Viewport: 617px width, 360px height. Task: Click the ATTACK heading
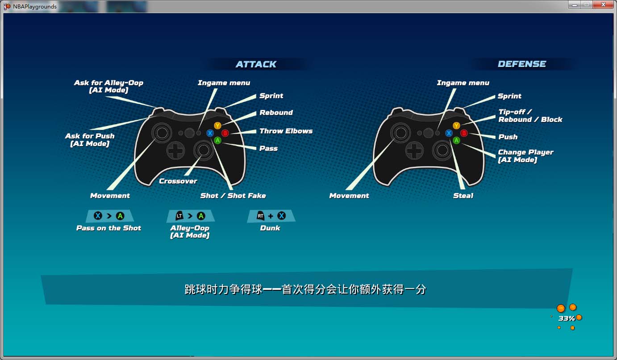(x=256, y=64)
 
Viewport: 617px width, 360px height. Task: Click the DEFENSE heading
(x=522, y=64)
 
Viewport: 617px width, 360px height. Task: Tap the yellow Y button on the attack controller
(x=217, y=126)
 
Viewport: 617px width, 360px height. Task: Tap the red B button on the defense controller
(x=464, y=134)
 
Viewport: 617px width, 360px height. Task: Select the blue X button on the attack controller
(x=210, y=134)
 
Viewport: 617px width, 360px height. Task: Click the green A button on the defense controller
(x=456, y=141)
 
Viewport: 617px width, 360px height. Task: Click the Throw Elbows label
(x=286, y=131)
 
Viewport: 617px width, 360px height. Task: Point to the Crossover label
(x=178, y=181)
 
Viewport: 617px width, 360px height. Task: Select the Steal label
(x=463, y=196)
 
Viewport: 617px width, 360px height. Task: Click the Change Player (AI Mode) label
(x=525, y=156)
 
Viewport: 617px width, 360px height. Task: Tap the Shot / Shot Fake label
(x=233, y=196)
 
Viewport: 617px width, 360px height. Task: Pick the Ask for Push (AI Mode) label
(x=90, y=140)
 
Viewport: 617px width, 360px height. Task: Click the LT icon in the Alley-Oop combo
(x=179, y=216)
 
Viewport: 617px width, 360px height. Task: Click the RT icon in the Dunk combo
(x=260, y=216)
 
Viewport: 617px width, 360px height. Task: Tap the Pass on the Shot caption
(x=108, y=228)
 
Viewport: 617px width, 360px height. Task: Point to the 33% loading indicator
(x=567, y=318)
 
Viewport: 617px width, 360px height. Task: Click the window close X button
(x=603, y=4)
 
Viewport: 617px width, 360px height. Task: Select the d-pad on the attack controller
(x=175, y=151)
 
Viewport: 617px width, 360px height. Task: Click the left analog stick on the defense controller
(x=400, y=133)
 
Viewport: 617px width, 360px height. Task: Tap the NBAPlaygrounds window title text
(x=35, y=6)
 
